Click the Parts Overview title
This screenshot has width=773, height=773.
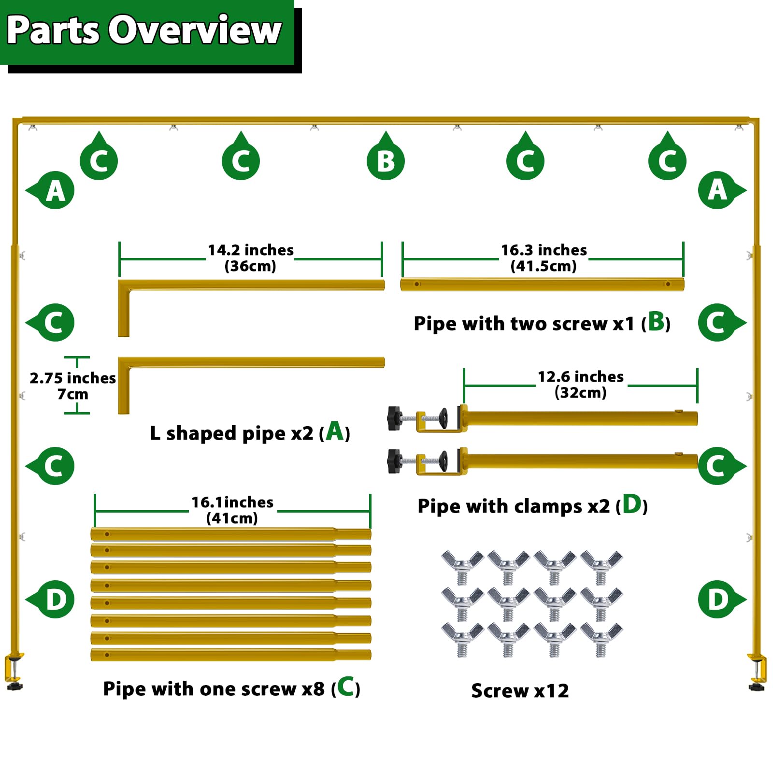(144, 30)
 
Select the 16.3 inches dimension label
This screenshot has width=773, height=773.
(544, 250)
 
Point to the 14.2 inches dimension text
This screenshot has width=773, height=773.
(250, 250)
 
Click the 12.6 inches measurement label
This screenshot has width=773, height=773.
(581, 376)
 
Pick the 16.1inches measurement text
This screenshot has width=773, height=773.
(232, 502)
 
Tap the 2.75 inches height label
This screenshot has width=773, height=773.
(72, 378)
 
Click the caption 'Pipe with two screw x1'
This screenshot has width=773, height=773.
(524, 324)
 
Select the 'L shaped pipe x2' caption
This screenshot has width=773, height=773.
(232, 433)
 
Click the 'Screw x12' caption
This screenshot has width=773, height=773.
(520, 691)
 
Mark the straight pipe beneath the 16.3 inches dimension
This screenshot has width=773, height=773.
(542, 284)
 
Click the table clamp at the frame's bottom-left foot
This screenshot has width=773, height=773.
(14, 672)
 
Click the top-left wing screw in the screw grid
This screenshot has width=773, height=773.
(462, 567)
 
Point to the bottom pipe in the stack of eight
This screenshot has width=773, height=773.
(231, 655)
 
